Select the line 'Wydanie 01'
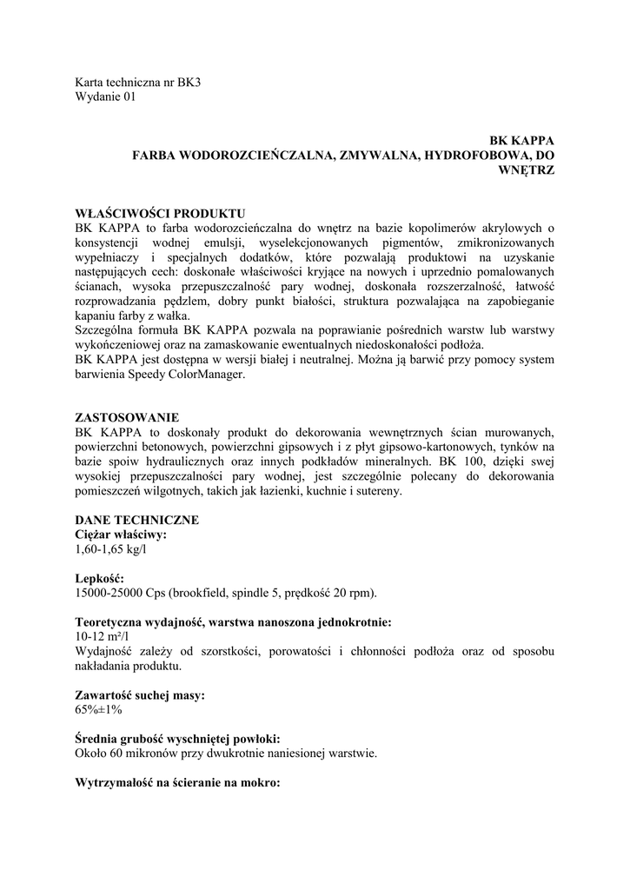[106, 97]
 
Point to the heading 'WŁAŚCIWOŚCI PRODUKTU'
[161, 213]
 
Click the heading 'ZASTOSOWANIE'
[128, 417]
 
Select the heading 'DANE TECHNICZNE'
[137, 520]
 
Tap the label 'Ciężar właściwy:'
[122, 535]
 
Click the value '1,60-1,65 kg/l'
[110, 549]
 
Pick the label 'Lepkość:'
[100, 578]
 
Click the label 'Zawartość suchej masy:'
[141, 694]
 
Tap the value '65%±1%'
[99, 709]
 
